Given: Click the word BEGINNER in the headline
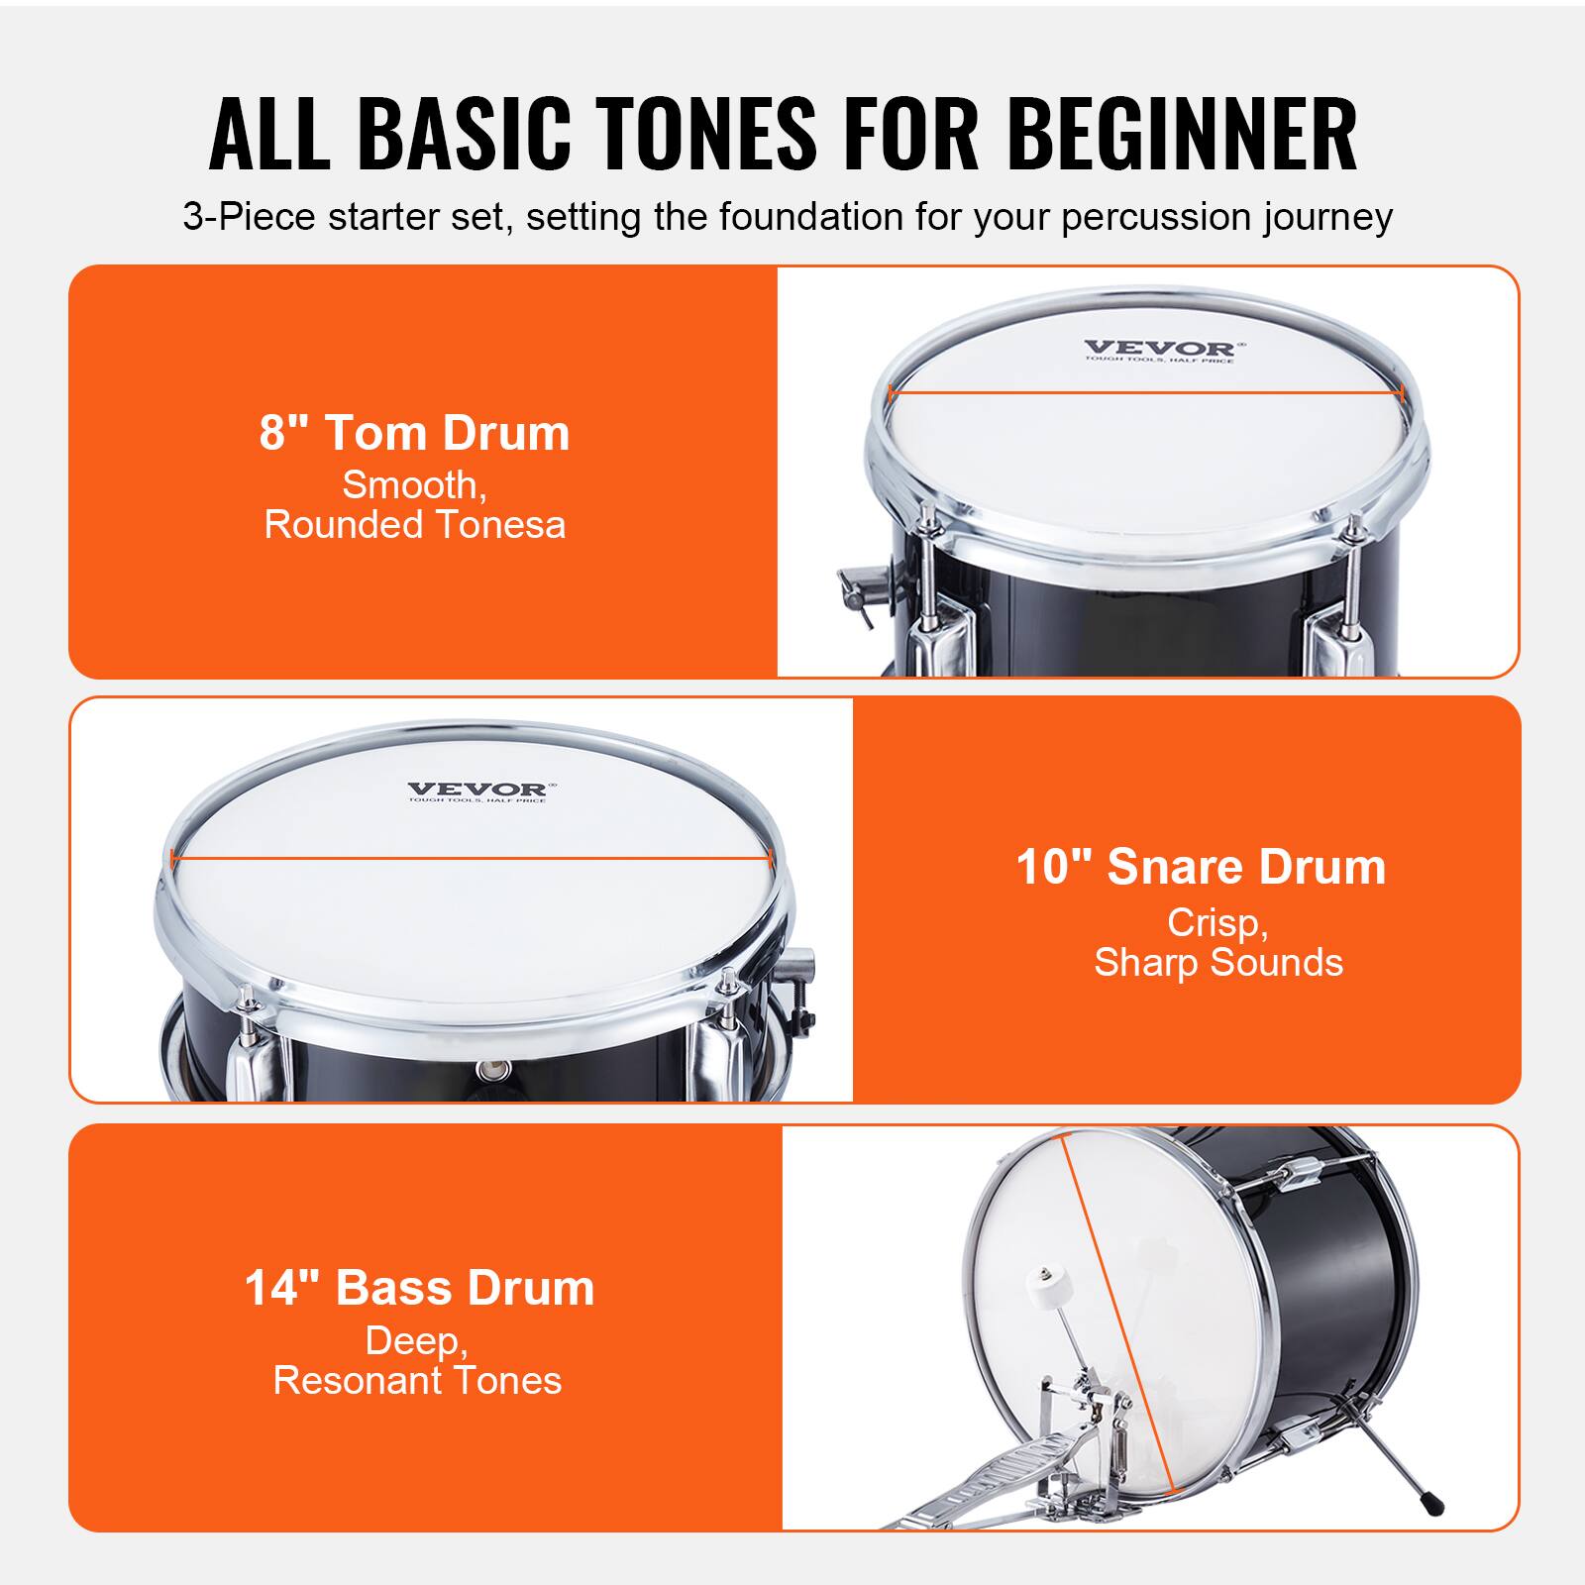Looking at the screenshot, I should [1182, 134].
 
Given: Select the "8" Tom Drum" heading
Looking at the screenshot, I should [414, 433].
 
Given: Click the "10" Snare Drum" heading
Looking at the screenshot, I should [1201, 867].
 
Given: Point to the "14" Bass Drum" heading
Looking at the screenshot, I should [419, 1288].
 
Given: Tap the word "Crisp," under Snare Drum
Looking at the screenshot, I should [1217, 923].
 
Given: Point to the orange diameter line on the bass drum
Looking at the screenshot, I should [1117, 1318].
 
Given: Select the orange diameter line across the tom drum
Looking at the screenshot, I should [1147, 393].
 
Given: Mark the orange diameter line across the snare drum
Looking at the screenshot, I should [471, 858].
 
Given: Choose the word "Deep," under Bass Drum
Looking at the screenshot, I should [416, 1341].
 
